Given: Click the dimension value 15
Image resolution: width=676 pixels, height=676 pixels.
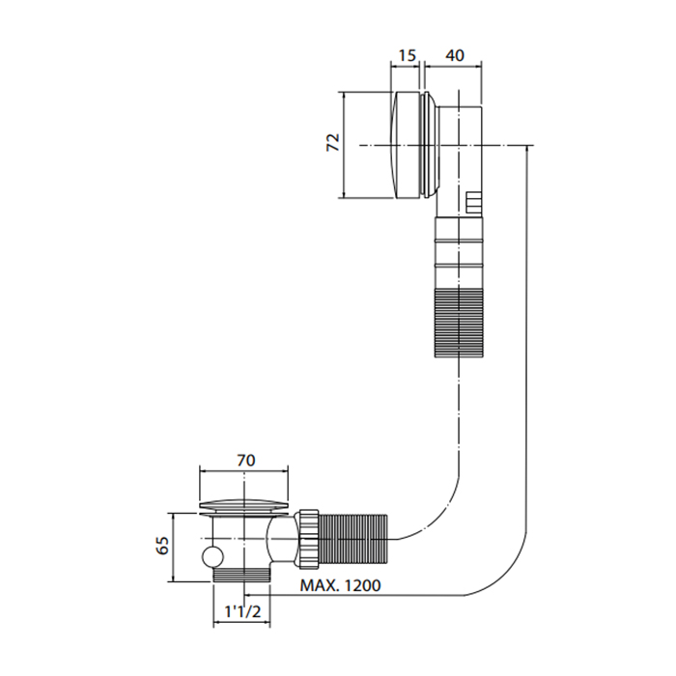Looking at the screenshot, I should (407, 57).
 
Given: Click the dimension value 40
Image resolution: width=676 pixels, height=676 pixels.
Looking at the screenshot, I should (455, 57).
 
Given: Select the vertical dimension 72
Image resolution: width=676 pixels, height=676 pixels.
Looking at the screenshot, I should (331, 144).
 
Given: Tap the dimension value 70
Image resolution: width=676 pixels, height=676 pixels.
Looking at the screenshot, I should (246, 461).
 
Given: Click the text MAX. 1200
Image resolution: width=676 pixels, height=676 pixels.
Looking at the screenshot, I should (341, 586).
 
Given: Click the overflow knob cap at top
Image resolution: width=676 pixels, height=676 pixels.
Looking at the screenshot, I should (410, 145).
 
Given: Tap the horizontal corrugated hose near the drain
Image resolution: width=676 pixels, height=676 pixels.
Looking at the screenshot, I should (354, 539).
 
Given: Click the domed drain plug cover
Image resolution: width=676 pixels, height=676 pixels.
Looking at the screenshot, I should (245, 503).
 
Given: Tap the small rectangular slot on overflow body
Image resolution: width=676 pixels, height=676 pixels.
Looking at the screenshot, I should (473, 202).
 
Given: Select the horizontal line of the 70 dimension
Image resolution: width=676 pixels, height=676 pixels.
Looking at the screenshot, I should (245, 472).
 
